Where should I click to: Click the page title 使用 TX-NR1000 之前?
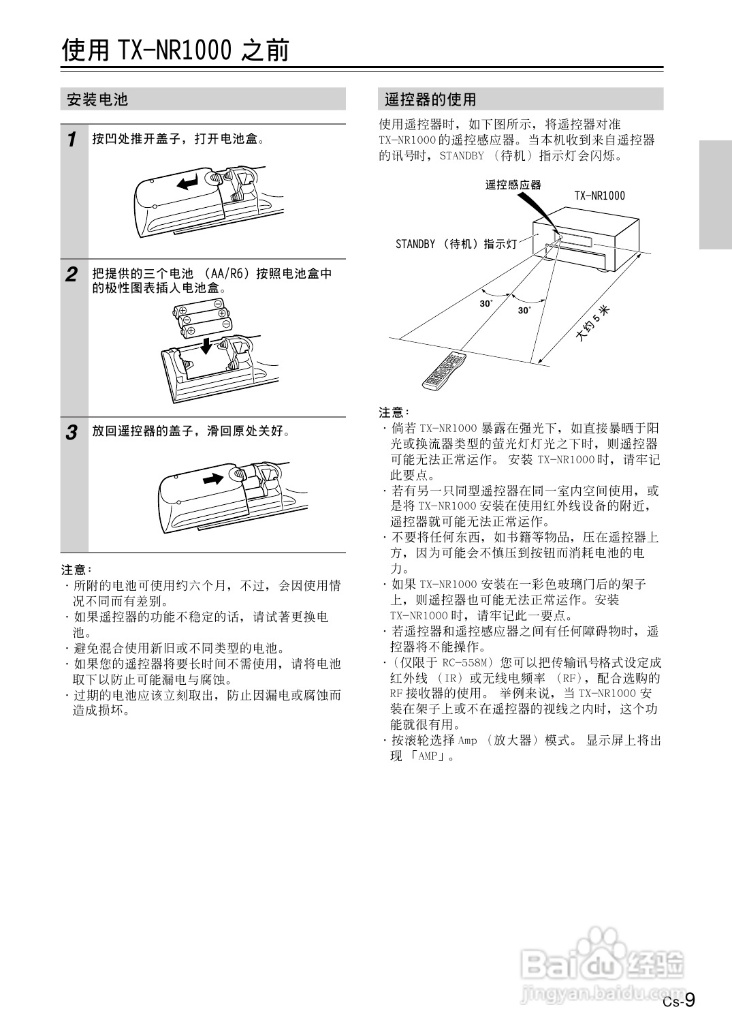176,50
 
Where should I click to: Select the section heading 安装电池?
97,99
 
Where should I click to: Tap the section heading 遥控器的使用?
430,99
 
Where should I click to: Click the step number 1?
71,140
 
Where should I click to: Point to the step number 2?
71,275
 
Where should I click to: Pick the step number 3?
71,432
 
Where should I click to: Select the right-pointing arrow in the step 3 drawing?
214,478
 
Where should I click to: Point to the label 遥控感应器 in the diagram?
513,185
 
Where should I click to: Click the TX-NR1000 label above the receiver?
599,196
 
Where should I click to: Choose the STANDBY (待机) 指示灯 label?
456,244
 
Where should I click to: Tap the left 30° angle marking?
486,304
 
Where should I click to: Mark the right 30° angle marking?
524,311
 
